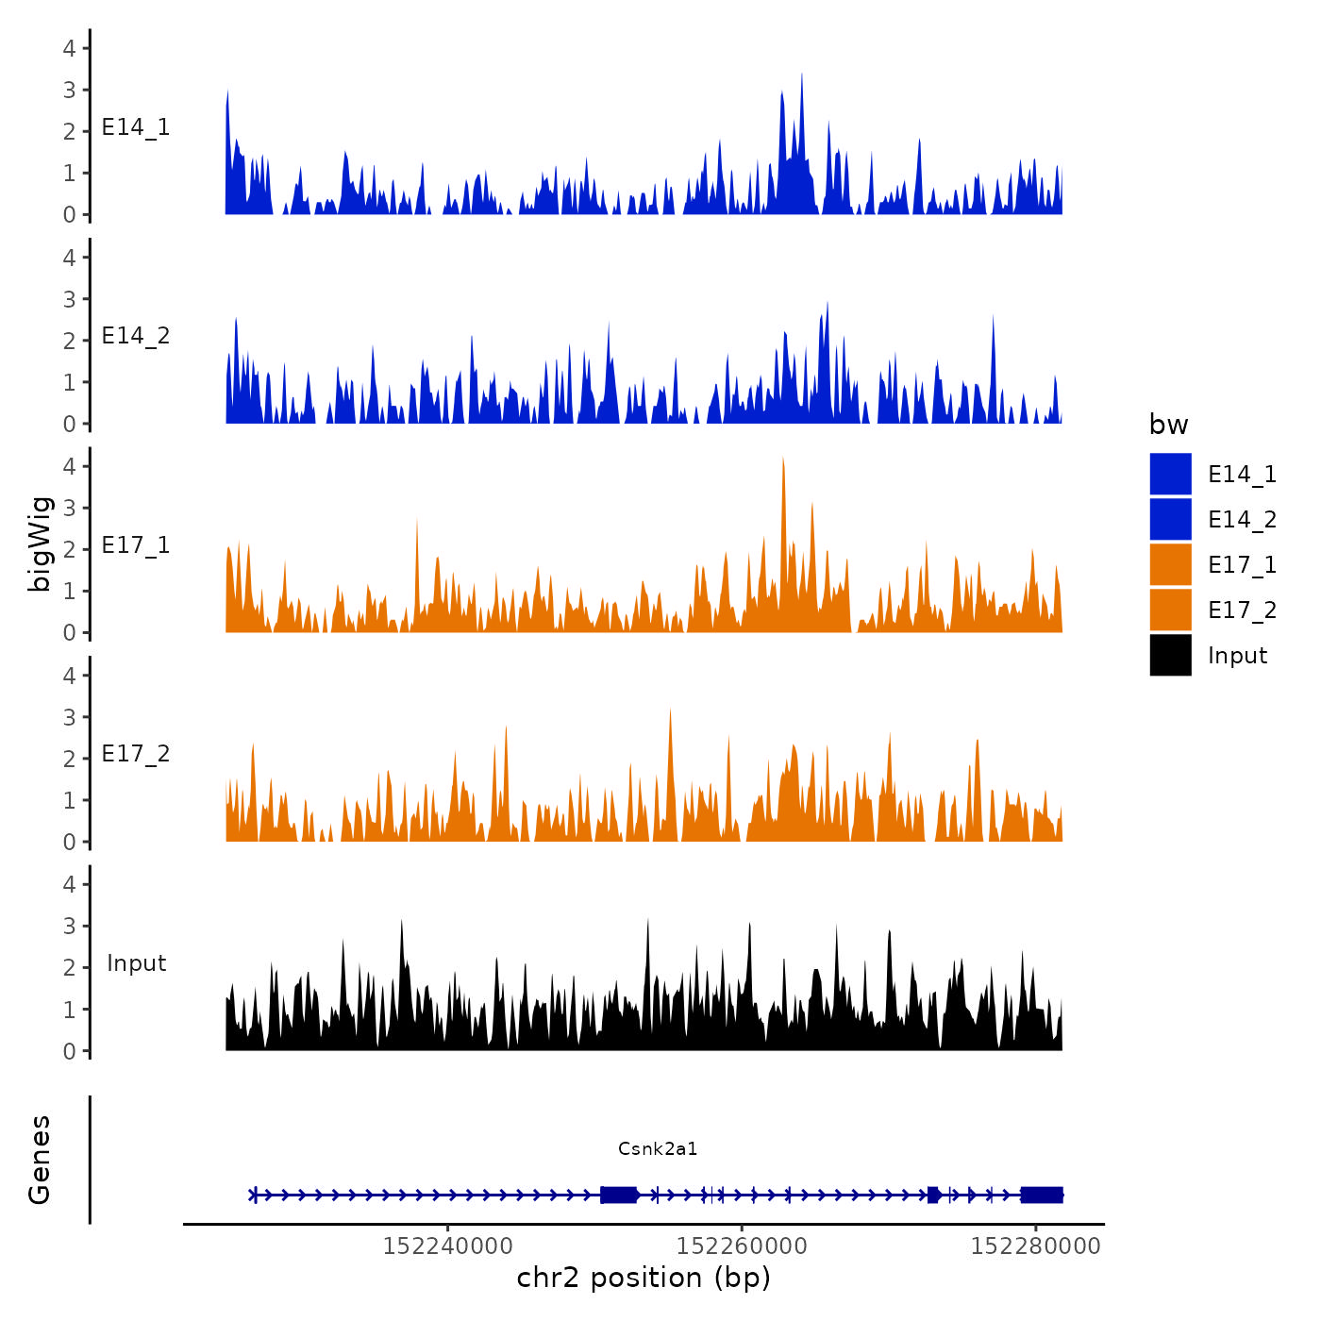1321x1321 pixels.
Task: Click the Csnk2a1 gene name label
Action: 658,1148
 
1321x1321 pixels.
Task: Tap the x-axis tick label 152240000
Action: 448,1246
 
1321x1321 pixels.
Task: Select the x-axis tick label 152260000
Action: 742,1246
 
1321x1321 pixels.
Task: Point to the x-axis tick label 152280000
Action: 1035,1246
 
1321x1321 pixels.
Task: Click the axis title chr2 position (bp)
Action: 644,1278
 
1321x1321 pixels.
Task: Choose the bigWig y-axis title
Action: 40,544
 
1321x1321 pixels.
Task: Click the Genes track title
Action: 40,1160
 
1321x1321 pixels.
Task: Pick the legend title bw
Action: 1168,425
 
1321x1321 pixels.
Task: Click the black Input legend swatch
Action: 1170,655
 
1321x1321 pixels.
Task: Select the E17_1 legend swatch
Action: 1170,564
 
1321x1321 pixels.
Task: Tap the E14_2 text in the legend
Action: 1242,520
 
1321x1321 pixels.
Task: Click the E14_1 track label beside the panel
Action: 136,127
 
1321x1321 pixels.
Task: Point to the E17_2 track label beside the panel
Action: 136,754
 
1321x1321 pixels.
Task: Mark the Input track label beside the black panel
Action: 136,963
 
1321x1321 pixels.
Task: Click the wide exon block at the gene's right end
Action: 1042,1195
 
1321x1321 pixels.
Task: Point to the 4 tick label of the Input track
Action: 69,884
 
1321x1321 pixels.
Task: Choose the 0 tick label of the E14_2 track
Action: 69,424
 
